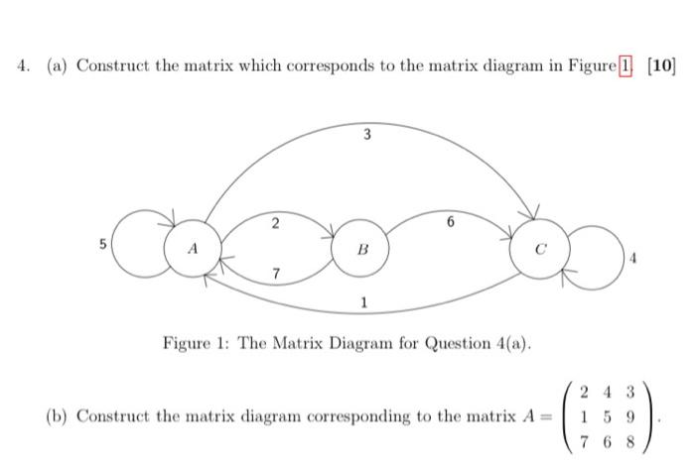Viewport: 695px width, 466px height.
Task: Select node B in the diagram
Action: pyautogui.click(x=360, y=251)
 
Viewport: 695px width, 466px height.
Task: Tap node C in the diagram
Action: pyautogui.click(x=540, y=249)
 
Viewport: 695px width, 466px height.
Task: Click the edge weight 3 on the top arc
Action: pyautogui.click(x=366, y=136)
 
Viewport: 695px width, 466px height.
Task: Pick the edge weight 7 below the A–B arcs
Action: pyautogui.click(x=277, y=273)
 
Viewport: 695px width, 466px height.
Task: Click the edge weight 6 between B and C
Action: pyautogui.click(x=452, y=224)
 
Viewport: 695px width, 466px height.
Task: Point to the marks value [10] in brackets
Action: pyautogui.click(x=660, y=66)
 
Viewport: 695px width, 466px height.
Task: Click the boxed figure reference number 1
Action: pyautogui.click(x=626, y=66)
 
